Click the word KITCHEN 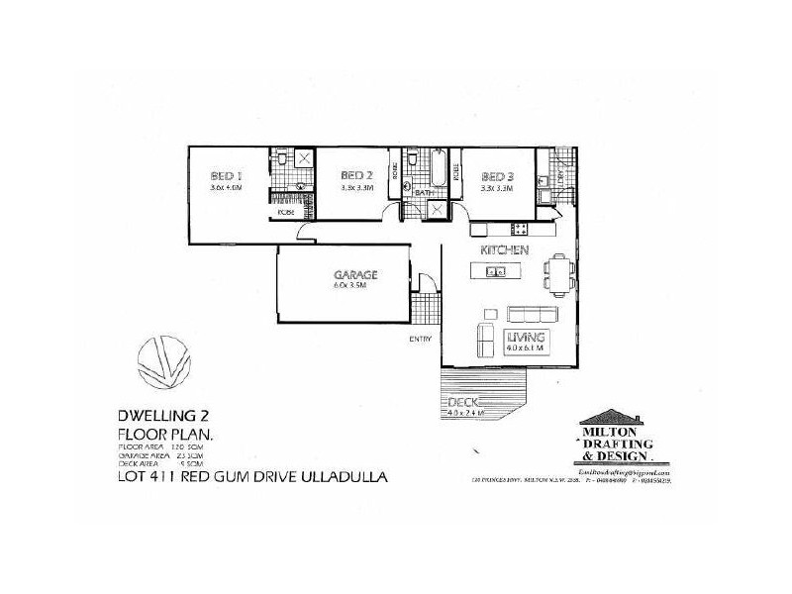click(x=505, y=250)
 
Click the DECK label click(x=463, y=402)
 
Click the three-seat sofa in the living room click(x=531, y=314)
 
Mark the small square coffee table click(x=490, y=314)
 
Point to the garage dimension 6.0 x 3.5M click(x=350, y=285)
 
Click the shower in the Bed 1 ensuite click(x=304, y=158)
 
